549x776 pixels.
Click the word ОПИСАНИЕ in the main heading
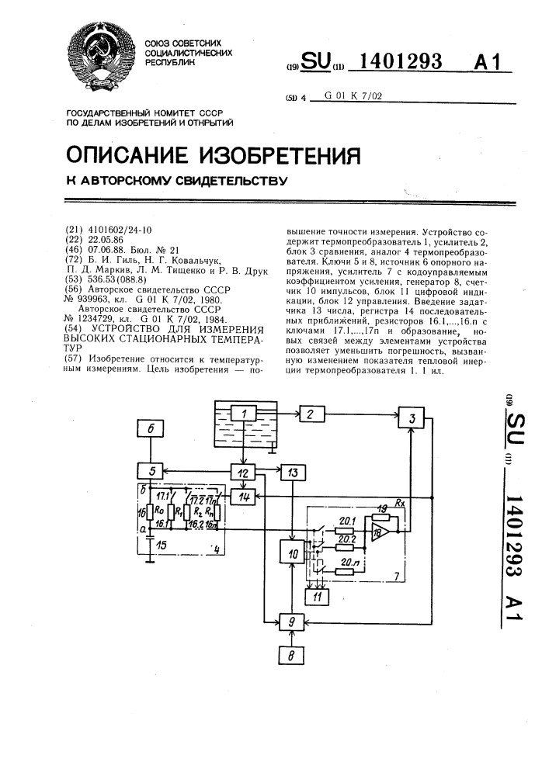click(127, 155)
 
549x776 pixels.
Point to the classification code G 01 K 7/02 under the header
click(353, 96)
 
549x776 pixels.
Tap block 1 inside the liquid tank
click(243, 414)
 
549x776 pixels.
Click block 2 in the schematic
click(312, 414)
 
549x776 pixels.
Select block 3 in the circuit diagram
click(412, 418)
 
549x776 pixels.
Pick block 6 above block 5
click(151, 428)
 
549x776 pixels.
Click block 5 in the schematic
click(151, 471)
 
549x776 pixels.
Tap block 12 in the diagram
click(243, 472)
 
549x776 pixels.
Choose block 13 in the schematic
click(293, 472)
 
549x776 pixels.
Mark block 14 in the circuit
click(243, 497)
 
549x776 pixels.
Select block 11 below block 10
click(317, 597)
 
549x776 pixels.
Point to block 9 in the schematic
click(292, 622)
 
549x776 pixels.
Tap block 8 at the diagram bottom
click(291, 656)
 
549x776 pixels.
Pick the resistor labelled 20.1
click(344, 531)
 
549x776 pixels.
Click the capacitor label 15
click(161, 546)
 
